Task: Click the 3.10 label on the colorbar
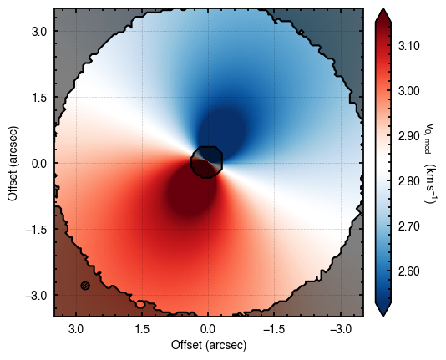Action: [x=408, y=46]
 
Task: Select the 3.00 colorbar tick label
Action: [x=408, y=91]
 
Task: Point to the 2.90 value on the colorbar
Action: [x=408, y=136]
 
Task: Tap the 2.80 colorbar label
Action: [x=408, y=181]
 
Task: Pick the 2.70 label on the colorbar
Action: [x=408, y=226]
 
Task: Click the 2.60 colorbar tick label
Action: [x=408, y=271]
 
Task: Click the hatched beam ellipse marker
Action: [x=85, y=286]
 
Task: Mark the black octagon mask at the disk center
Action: [x=207, y=162]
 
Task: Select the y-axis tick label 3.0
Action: [x=39, y=31]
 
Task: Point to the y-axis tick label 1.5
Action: [x=39, y=97]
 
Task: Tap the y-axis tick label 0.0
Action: [x=39, y=164]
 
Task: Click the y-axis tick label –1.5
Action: [x=36, y=230]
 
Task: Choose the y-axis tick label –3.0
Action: [x=36, y=296]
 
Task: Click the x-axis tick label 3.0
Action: [x=76, y=329]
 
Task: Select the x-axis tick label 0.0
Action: [x=208, y=329]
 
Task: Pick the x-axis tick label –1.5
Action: [x=274, y=329]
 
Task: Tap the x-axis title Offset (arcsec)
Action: [x=209, y=345]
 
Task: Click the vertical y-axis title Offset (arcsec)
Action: [x=13, y=163]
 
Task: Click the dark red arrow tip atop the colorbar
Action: [x=383, y=9]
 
